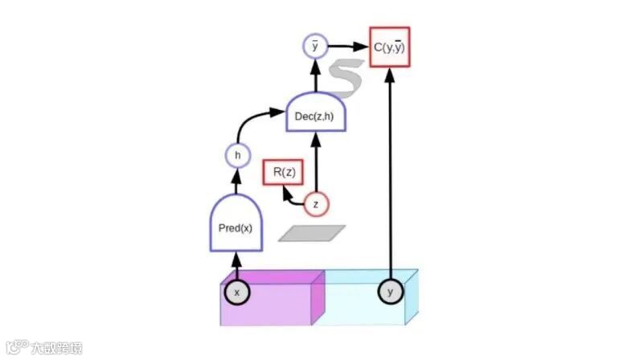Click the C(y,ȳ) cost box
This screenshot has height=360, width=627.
pos(389,47)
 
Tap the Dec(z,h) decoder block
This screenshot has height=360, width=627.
pos(315,115)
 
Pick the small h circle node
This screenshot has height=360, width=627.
pos(236,155)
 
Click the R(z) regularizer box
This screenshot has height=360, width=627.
pos(282,173)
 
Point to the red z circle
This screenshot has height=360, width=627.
pos(315,204)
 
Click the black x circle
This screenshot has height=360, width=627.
pos(236,292)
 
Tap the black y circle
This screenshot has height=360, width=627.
pos(390,292)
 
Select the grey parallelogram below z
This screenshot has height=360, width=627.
pos(313,233)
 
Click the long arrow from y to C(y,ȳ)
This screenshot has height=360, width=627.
pos(390,177)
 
